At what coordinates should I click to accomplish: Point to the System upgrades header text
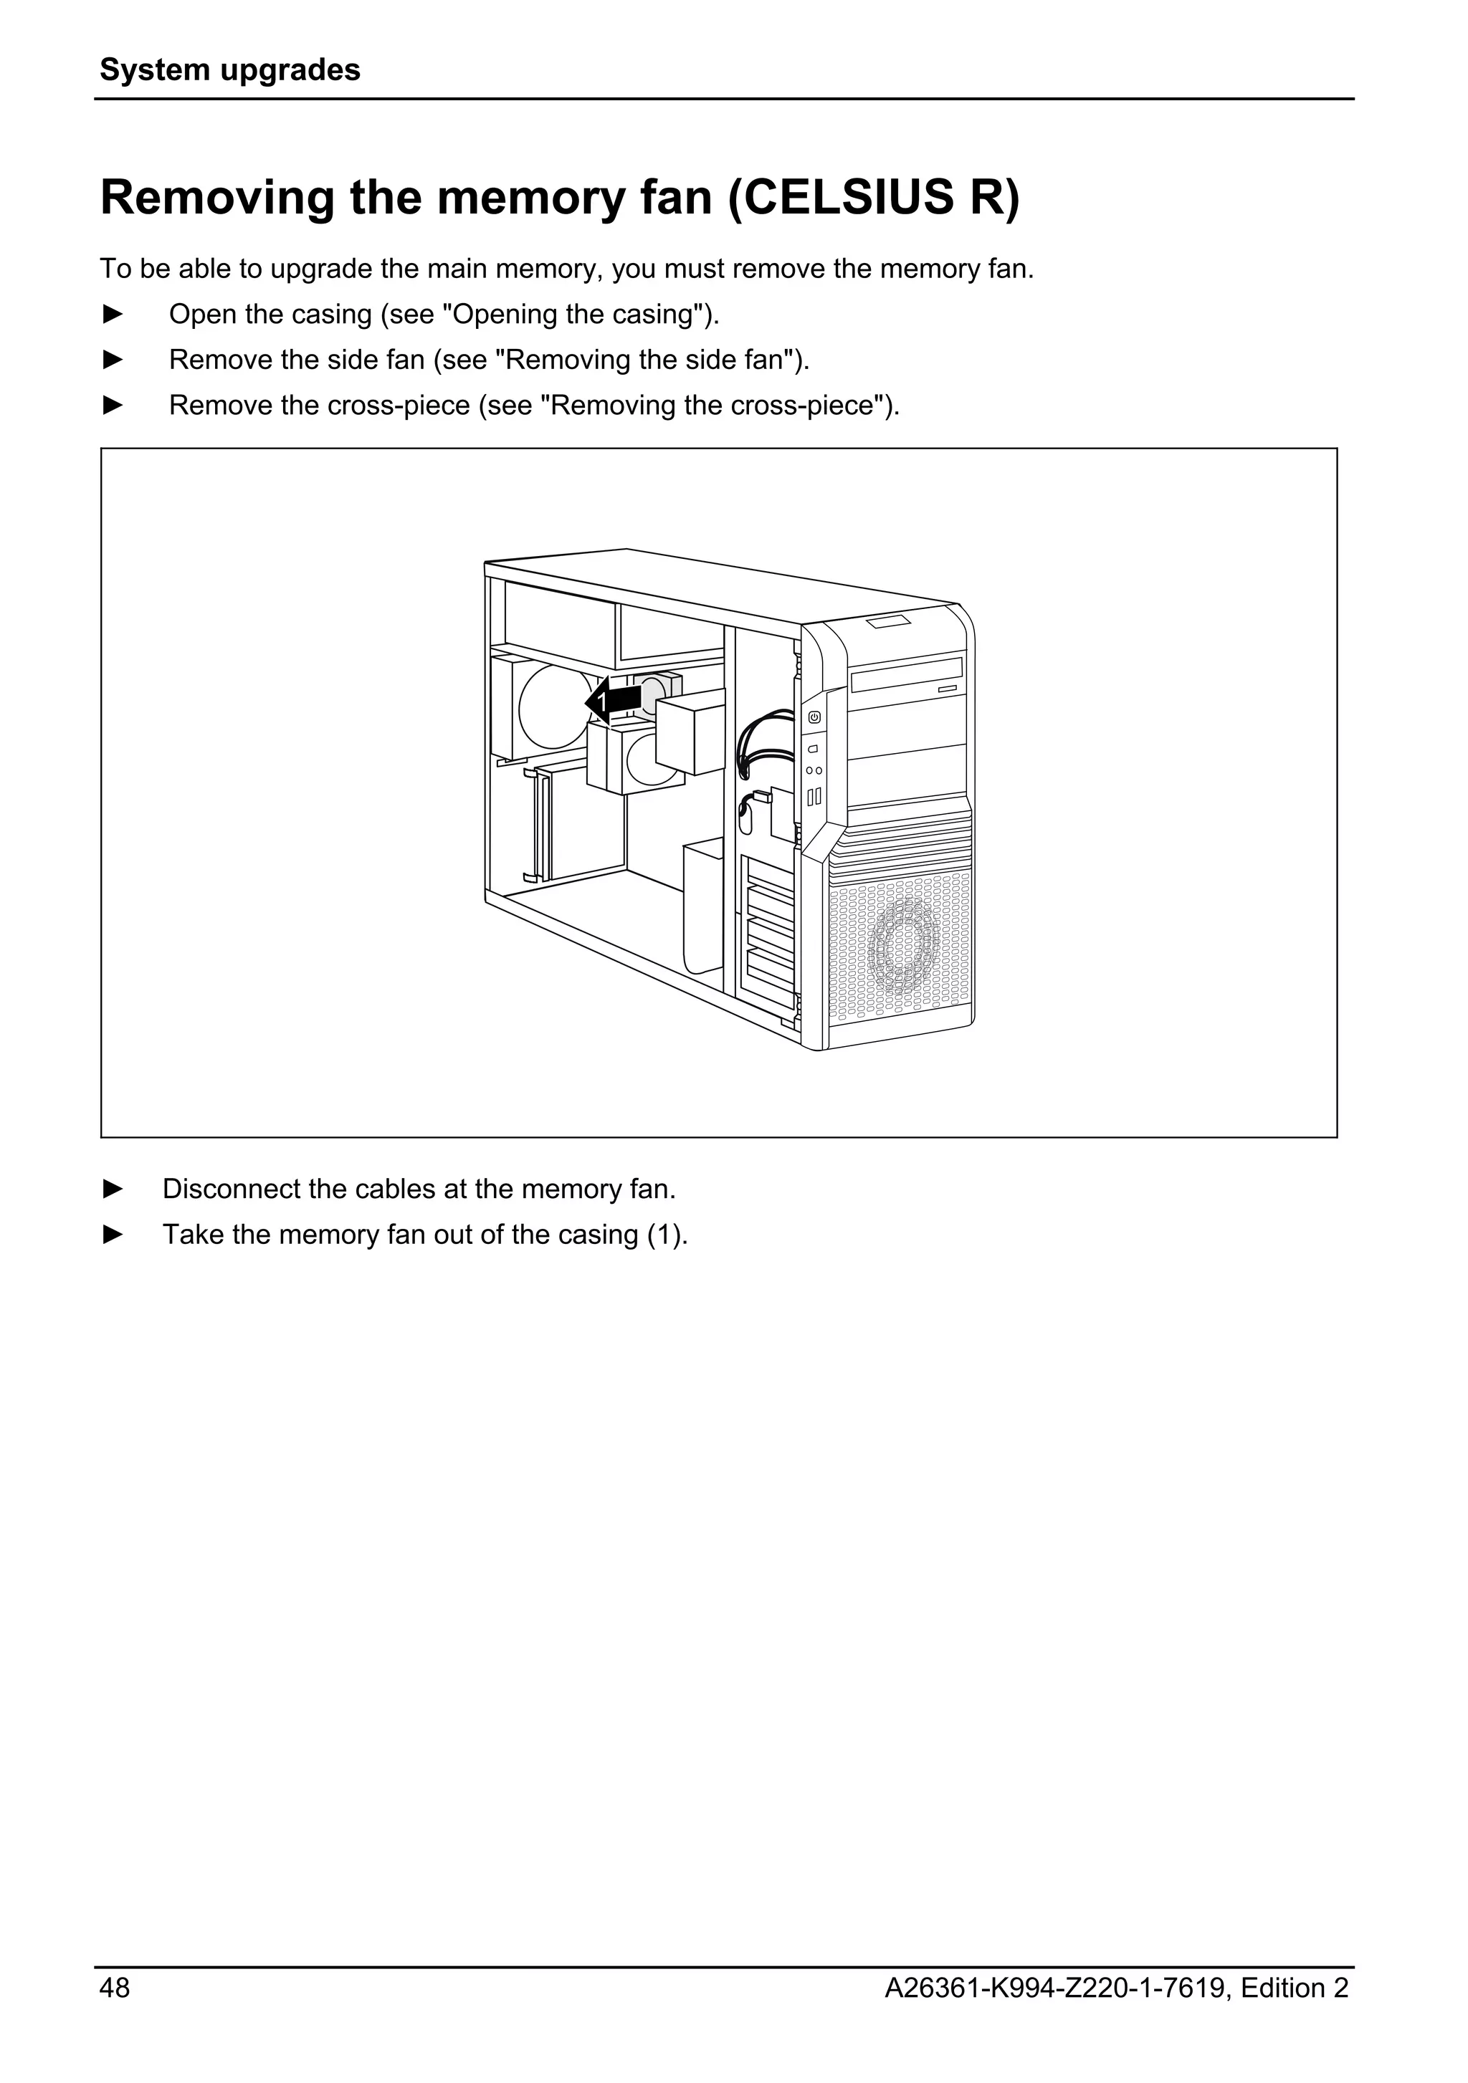coord(229,70)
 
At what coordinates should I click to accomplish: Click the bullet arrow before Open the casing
coord(113,314)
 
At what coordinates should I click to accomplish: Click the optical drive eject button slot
coord(947,689)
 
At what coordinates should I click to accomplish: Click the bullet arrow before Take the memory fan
coord(113,1235)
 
